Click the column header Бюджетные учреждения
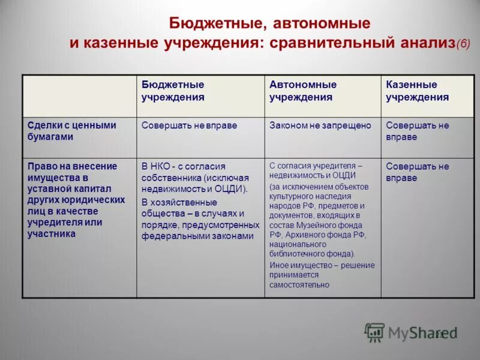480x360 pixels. tap(173, 91)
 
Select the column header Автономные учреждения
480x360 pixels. tap(303, 91)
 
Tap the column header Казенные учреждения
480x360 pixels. tap(417, 91)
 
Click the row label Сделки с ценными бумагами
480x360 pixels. tap(72, 131)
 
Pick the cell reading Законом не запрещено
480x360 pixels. tap(320, 126)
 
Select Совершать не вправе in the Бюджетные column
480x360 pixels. tap(189, 126)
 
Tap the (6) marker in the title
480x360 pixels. tap(463, 44)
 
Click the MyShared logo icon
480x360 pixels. tap(375, 332)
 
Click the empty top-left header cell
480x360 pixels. tap(79, 95)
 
